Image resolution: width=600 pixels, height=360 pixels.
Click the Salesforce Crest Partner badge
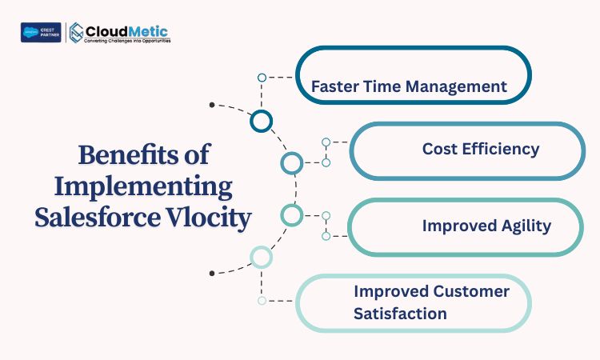[x=41, y=33]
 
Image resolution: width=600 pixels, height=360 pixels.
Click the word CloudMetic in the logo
[x=126, y=31]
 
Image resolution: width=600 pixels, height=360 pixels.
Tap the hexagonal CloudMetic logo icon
[x=77, y=33]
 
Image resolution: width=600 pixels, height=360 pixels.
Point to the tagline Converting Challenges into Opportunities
[x=127, y=41]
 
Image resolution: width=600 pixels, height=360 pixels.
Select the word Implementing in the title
[x=143, y=187]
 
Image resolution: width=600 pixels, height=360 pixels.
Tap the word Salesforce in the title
[x=98, y=217]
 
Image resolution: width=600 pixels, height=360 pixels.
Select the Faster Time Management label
[x=409, y=87]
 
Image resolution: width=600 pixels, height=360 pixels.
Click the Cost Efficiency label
[x=481, y=149]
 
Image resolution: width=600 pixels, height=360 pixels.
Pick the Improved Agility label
[x=486, y=226]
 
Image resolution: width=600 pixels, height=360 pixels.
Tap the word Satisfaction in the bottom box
[x=400, y=314]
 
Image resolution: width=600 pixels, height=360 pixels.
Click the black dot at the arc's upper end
[x=212, y=105]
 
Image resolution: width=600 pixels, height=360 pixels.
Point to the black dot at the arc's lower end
[x=212, y=273]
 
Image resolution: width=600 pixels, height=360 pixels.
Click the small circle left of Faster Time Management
[x=262, y=74]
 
